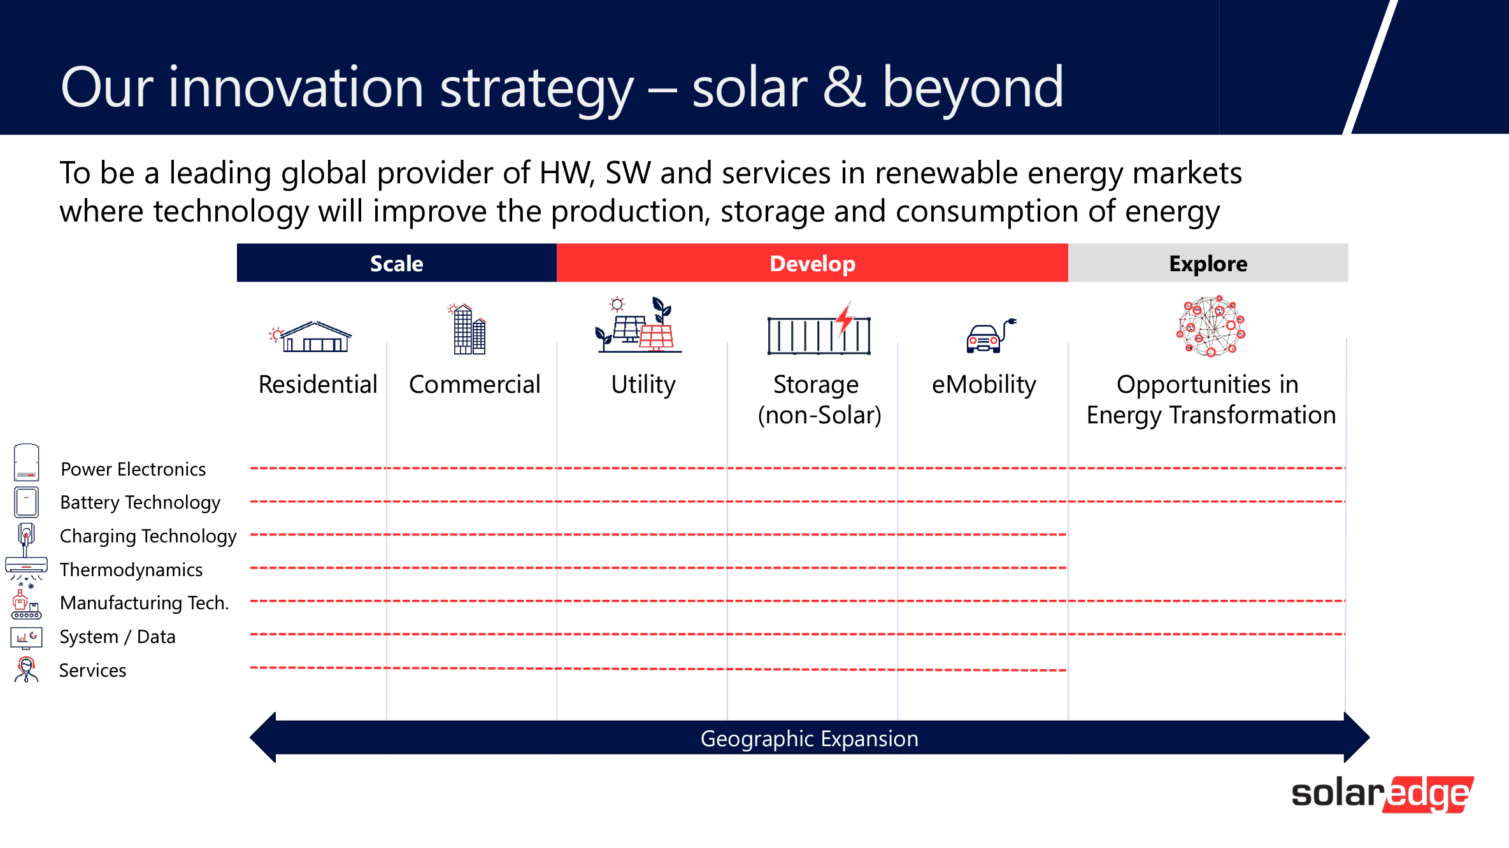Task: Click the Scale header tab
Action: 397,263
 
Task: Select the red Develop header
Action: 812,263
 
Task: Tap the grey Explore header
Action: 1208,263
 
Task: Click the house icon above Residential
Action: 311,336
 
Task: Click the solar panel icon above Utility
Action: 638,325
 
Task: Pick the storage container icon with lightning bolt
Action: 819,329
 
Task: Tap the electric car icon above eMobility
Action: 991,336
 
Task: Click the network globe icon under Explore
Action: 1211,326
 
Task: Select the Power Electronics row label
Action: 133,469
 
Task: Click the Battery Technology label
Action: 140,502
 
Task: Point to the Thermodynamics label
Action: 131,570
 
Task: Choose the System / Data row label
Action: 117,637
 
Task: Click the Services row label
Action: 92,670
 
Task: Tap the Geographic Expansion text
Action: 810,738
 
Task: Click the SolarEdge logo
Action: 1383,795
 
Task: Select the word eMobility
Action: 984,385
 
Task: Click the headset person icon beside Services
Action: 26,670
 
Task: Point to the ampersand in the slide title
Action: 845,87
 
